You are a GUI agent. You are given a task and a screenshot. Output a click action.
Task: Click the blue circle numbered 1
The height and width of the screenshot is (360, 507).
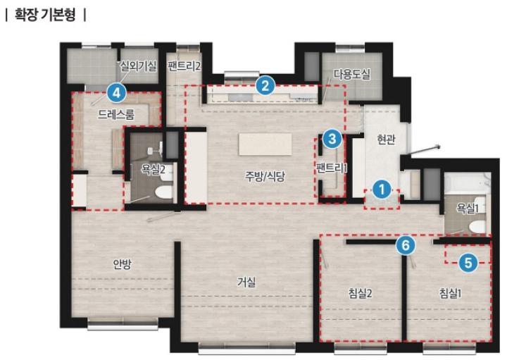pyautogui.click(x=382, y=189)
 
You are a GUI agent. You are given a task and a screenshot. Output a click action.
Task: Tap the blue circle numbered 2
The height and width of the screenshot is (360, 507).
pyautogui.click(x=265, y=86)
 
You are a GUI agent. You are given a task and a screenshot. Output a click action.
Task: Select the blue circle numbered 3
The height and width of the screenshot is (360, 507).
pyautogui.click(x=332, y=139)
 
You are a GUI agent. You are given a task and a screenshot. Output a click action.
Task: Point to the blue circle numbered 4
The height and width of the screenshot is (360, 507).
pyautogui.click(x=117, y=93)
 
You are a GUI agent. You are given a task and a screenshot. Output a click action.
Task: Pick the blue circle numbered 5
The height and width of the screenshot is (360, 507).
pyautogui.click(x=468, y=263)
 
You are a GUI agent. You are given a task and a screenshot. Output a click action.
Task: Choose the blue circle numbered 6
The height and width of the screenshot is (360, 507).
pyautogui.click(x=406, y=245)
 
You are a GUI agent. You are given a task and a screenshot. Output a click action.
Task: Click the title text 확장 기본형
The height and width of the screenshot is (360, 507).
pyautogui.click(x=45, y=15)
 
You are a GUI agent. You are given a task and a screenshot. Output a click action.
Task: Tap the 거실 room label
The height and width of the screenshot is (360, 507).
pyautogui.click(x=246, y=282)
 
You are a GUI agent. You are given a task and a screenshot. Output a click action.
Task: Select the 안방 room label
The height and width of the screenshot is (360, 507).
pyautogui.click(x=123, y=264)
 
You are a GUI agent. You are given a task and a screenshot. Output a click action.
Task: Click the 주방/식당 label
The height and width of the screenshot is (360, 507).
pyautogui.click(x=265, y=176)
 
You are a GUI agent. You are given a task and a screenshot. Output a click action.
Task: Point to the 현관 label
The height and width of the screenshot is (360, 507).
pyautogui.click(x=386, y=139)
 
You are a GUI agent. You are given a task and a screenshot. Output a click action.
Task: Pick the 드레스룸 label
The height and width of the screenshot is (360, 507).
pyautogui.click(x=116, y=115)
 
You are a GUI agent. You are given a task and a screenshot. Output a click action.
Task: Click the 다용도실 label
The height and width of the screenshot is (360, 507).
pyautogui.click(x=352, y=75)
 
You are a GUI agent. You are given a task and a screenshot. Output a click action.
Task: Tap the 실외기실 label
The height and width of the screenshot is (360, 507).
pyautogui.click(x=138, y=66)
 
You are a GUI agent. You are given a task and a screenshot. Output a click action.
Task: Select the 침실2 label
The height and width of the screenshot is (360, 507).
pyautogui.click(x=360, y=293)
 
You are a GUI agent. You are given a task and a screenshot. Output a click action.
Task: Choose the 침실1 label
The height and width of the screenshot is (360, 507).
pyautogui.click(x=450, y=293)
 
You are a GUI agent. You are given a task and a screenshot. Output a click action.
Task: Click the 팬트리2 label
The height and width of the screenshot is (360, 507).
pyautogui.click(x=184, y=66)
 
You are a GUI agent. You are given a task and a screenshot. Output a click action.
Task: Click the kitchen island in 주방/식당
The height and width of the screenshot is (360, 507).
pyautogui.click(x=265, y=144)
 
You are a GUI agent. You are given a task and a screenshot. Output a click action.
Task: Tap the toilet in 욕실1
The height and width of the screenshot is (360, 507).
pyautogui.click(x=477, y=226)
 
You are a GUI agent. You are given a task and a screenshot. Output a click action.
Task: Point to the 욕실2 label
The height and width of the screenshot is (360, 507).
pyautogui.click(x=154, y=169)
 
